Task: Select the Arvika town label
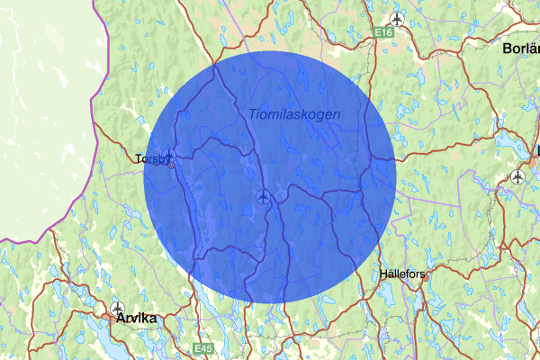pos(135,318)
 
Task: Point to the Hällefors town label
pos(401,272)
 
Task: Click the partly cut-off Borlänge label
pos(521,48)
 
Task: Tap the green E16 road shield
pos(385,32)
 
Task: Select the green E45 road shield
pos(205,346)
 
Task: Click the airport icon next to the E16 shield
pos(397,18)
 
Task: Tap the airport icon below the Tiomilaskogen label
pos(263,196)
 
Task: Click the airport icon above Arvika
pos(117,307)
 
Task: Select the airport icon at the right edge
pos(517,176)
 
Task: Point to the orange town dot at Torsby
pos(171,165)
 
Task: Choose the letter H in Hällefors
pos(382,272)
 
